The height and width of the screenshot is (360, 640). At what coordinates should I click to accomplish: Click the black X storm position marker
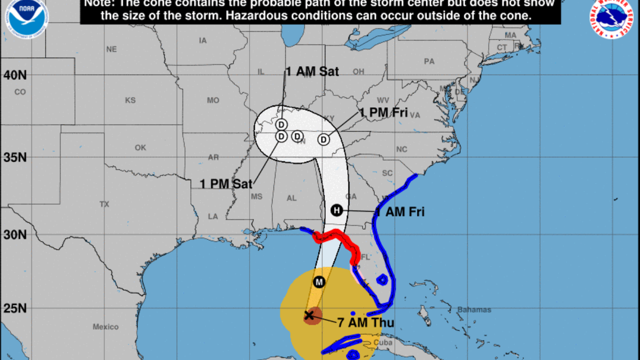tap(309, 315)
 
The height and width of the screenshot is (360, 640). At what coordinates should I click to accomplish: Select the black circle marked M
tap(319, 282)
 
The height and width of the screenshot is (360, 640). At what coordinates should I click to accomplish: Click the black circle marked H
tap(336, 210)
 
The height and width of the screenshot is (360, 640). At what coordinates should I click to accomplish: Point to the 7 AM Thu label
tap(365, 323)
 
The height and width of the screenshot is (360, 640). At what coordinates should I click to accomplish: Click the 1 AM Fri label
tap(400, 212)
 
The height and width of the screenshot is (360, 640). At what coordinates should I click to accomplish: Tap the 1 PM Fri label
tap(384, 113)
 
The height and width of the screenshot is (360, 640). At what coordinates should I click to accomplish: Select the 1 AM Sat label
tap(312, 71)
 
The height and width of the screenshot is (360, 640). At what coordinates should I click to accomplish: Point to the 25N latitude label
tap(15, 308)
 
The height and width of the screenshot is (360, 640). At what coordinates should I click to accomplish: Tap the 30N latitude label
tap(15, 235)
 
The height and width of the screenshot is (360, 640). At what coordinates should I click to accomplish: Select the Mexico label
tap(106, 327)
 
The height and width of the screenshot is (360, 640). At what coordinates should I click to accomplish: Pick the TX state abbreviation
tap(104, 204)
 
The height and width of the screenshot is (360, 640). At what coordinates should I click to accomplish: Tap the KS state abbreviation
tap(130, 101)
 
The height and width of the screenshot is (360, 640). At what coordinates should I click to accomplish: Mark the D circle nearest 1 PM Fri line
tap(324, 139)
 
